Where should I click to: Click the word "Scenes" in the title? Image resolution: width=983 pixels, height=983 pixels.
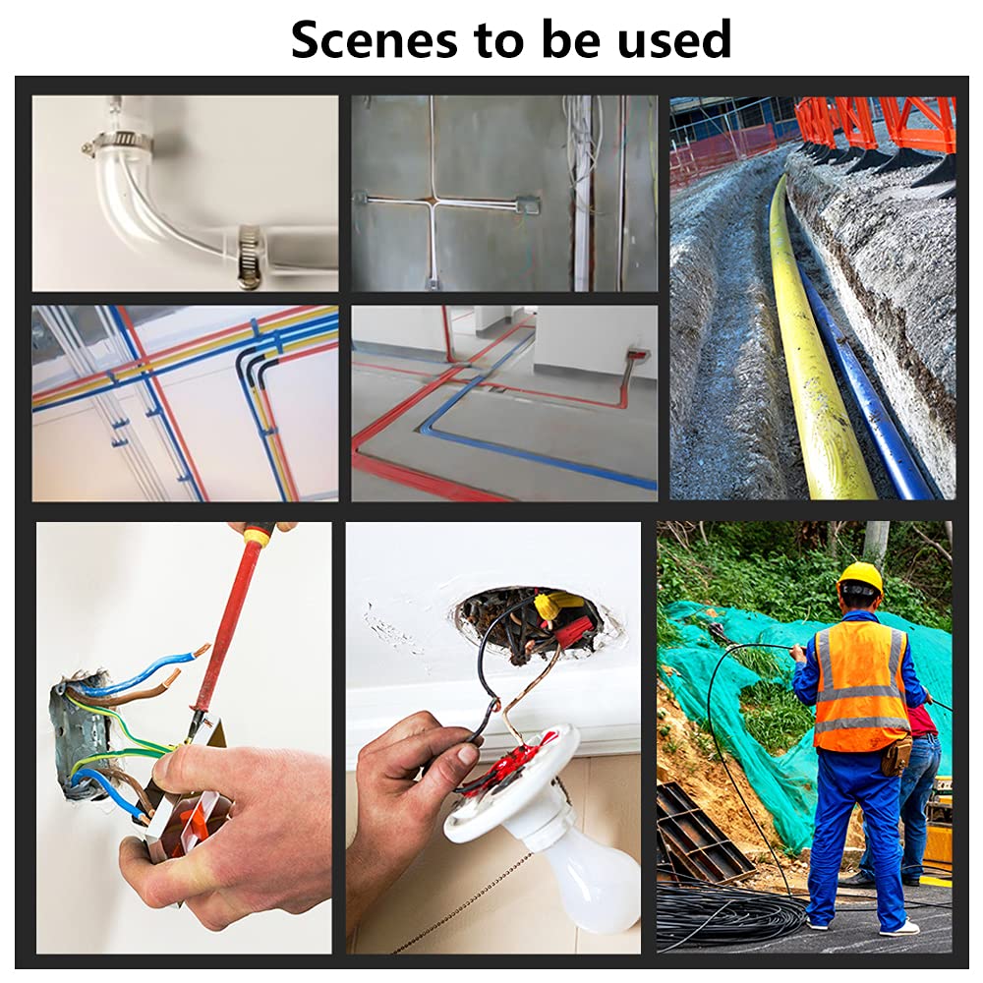tap(375, 39)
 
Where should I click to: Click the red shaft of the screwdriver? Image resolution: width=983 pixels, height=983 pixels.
tap(220, 627)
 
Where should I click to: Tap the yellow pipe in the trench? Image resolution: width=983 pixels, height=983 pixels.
tap(810, 338)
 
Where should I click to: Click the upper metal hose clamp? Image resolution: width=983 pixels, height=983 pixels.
tap(115, 141)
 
